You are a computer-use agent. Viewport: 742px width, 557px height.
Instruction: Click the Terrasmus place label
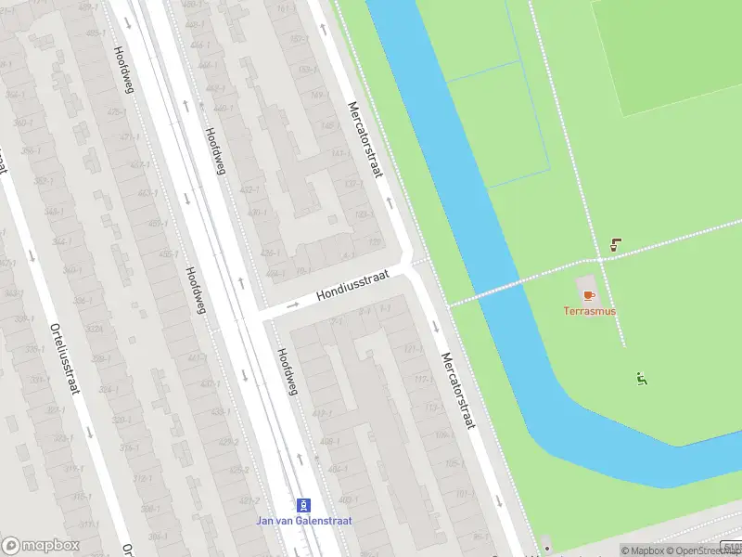(x=589, y=311)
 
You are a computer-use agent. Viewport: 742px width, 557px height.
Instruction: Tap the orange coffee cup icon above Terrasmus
(x=588, y=295)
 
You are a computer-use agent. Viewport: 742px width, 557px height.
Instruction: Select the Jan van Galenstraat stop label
(x=304, y=521)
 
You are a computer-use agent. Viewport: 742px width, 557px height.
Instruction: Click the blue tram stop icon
(x=303, y=505)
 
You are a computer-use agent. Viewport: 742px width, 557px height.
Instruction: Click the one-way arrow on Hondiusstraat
(x=293, y=304)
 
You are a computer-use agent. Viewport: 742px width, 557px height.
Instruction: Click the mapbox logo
(x=41, y=546)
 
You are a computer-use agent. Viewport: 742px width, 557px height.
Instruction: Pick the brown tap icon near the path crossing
(x=615, y=245)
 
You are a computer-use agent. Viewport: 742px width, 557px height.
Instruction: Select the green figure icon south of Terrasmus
(x=640, y=378)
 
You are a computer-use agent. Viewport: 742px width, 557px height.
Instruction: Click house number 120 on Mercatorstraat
(x=374, y=243)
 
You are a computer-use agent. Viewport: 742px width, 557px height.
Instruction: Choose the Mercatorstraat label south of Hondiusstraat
(x=458, y=390)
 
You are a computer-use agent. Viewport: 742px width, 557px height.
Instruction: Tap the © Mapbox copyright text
(x=646, y=551)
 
